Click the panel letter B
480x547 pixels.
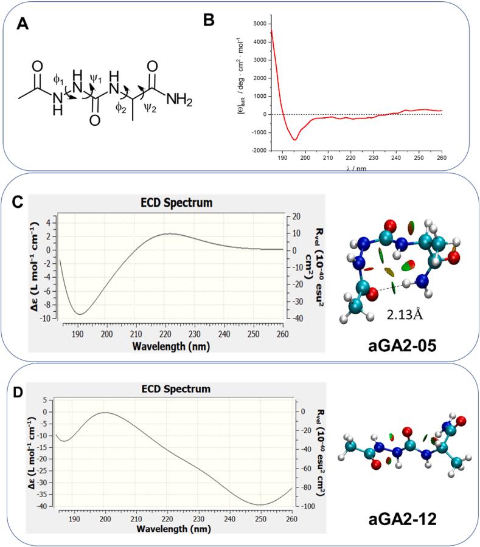coord(209,19)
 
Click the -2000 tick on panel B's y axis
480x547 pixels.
coord(258,150)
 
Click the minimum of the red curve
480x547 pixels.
coord(294,140)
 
